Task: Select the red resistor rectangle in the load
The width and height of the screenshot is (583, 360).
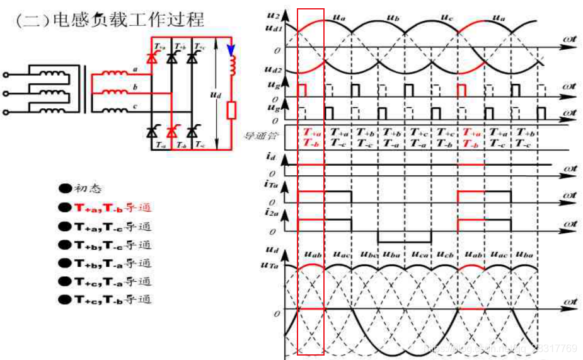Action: (231, 110)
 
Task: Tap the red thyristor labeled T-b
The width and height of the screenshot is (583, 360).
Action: (171, 131)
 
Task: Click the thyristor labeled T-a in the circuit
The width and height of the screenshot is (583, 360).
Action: (151, 131)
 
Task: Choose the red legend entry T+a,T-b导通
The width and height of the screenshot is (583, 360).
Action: (105, 207)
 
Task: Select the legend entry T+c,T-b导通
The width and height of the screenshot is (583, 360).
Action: (105, 299)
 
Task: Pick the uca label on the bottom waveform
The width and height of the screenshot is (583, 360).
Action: (420, 255)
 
